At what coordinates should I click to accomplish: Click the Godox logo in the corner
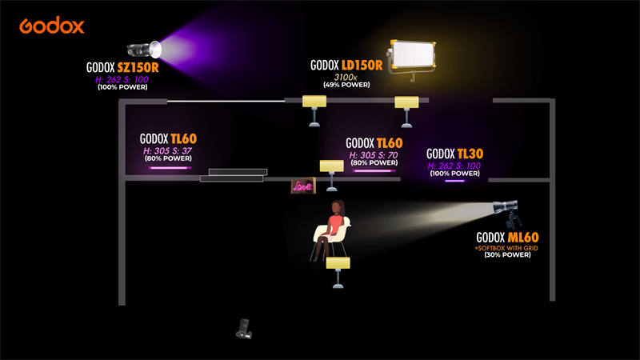pyautogui.click(x=52, y=26)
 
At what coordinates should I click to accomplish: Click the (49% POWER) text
pyautogui.click(x=346, y=84)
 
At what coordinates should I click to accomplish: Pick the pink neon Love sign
pyautogui.click(x=302, y=187)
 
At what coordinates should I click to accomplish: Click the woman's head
pyautogui.click(x=338, y=207)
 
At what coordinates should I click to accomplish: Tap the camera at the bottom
pyautogui.click(x=245, y=328)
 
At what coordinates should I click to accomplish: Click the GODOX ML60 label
pyautogui.click(x=507, y=238)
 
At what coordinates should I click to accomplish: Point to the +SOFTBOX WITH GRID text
pyautogui.click(x=506, y=248)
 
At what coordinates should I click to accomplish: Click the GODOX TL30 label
pyautogui.click(x=455, y=154)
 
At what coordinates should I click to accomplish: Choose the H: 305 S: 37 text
pyautogui.click(x=168, y=150)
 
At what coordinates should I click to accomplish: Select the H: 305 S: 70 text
pyautogui.click(x=374, y=154)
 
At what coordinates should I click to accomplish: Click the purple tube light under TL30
pyautogui.click(x=454, y=181)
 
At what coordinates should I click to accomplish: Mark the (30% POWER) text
pyautogui.click(x=506, y=256)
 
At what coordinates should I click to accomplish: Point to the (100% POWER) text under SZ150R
pyautogui.click(x=123, y=86)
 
